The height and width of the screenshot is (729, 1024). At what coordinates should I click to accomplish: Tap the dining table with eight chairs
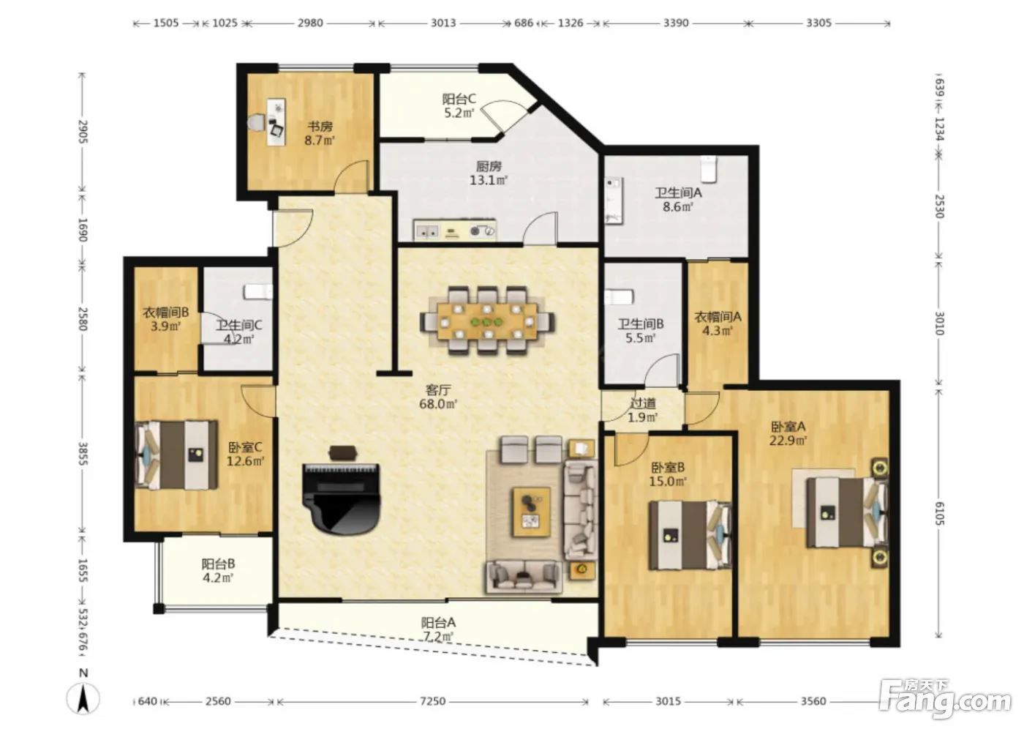487,321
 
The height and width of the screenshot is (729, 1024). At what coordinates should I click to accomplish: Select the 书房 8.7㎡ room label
320,133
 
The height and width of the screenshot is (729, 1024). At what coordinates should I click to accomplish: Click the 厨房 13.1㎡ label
489,173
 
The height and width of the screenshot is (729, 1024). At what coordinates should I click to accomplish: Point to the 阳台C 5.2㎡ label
459,105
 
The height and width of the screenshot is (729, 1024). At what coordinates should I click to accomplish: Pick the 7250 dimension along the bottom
432,701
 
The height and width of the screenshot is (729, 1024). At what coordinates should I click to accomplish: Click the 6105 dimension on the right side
939,513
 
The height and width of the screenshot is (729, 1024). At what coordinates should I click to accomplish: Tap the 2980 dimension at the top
310,23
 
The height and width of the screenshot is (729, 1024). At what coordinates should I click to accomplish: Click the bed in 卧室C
176,455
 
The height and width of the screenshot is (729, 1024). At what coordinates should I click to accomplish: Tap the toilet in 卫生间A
709,169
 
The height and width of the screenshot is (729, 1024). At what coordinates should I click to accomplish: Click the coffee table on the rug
532,512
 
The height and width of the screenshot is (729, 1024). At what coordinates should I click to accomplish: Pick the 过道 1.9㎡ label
643,410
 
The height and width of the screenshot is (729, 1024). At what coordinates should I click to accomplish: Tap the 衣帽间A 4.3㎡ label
718,324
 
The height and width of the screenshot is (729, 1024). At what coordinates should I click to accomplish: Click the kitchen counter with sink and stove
454,230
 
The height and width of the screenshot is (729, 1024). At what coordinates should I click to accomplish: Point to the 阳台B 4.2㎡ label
218,571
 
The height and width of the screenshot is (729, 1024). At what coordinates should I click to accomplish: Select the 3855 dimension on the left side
82,454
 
